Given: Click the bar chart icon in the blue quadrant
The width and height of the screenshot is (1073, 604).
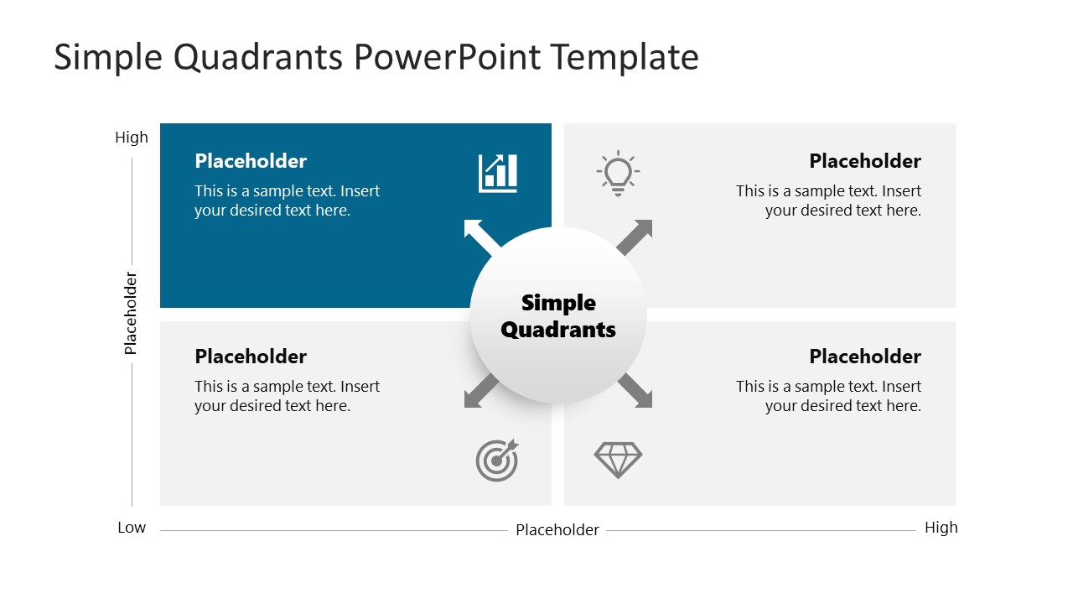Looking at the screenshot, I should pyautogui.click(x=498, y=173).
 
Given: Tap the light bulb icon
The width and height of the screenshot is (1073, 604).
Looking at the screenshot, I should pyautogui.click(x=618, y=173).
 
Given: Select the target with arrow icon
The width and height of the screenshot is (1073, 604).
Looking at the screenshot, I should pyautogui.click(x=497, y=461).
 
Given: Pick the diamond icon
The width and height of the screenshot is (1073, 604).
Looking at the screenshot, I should pyautogui.click(x=618, y=460).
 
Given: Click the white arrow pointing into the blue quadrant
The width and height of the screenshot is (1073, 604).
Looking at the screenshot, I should pyautogui.click(x=481, y=237).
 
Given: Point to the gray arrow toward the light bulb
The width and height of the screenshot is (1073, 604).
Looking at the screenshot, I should pyautogui.click(x=635, y=237).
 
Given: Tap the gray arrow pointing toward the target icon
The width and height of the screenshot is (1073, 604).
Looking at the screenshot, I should pyautogui.click(x=481, y=391).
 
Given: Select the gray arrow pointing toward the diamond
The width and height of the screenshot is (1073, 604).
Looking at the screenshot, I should pyautogui.click(x=635, y=391).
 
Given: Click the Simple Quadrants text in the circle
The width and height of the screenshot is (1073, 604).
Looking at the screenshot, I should pyautogui.click(x=558, y=316).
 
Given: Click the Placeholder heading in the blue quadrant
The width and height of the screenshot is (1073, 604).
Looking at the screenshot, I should pyautogui.click(x=251, y=161).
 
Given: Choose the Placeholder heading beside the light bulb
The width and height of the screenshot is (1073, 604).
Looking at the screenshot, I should pyautogui.click(x=865, y=161).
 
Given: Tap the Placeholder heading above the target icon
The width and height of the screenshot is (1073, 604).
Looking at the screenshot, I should pyautogui.click(x=251, y=357).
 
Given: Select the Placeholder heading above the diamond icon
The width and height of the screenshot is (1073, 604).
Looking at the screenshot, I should pyautogui.click(x=865, y=357).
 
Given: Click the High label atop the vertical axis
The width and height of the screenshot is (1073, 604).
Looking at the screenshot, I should pyautogui.click(x=132, y=138).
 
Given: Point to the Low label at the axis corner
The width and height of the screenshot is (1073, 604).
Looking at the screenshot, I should pyautogui.click(x=132, y=528).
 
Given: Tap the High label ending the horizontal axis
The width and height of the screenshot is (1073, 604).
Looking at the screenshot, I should pyautogui.click(x=941, y=528).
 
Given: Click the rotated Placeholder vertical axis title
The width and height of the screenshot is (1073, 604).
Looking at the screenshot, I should pyautogui.click(x=131, y=313).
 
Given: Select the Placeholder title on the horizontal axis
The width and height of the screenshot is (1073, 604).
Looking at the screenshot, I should pyautogui.click(x=557, y=530).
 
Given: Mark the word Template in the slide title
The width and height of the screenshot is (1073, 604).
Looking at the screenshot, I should pyautogui.click(x=625, y=58).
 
